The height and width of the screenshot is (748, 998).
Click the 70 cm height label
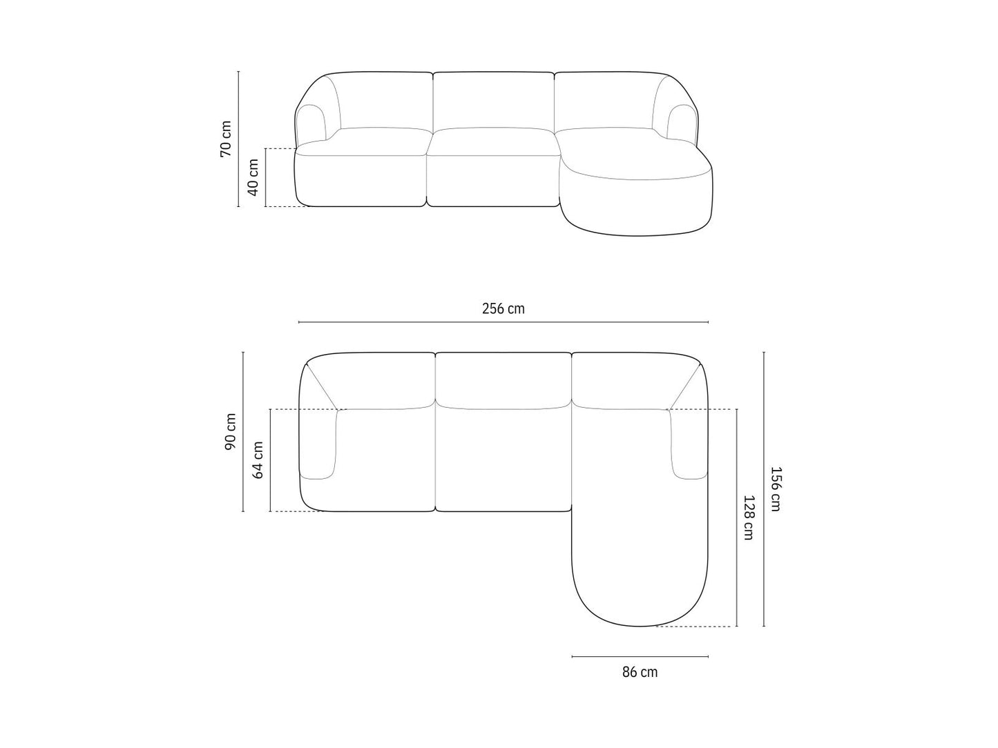(x=226, y=139)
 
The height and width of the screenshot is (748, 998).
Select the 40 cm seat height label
(x=253, y=177)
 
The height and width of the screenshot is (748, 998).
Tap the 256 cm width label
(x=503, y=308)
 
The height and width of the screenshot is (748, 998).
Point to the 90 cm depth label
(x=231, y=432)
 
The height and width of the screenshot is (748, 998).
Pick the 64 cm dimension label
(x=258, y=460)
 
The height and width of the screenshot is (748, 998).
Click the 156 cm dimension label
(x=776, y=489)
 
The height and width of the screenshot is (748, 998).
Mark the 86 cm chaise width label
(x=640, y=671)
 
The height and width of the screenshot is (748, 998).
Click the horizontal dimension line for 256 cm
(x=503, y=322)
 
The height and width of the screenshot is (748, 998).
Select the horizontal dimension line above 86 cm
(x=640, y=657)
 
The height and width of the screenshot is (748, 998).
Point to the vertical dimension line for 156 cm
(x=764, y=489)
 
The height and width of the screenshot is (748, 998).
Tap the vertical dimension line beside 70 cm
(x=238, y=139)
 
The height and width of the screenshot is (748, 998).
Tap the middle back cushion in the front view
(x=494, y=100)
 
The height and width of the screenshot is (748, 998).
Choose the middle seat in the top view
(x=503, y=459)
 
